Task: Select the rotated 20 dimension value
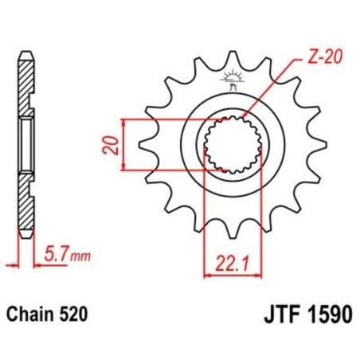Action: pos(114,145)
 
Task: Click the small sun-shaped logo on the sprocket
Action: pos(233,77)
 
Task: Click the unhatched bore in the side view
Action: pos(25,145)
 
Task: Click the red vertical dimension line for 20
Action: pos(125,144)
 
